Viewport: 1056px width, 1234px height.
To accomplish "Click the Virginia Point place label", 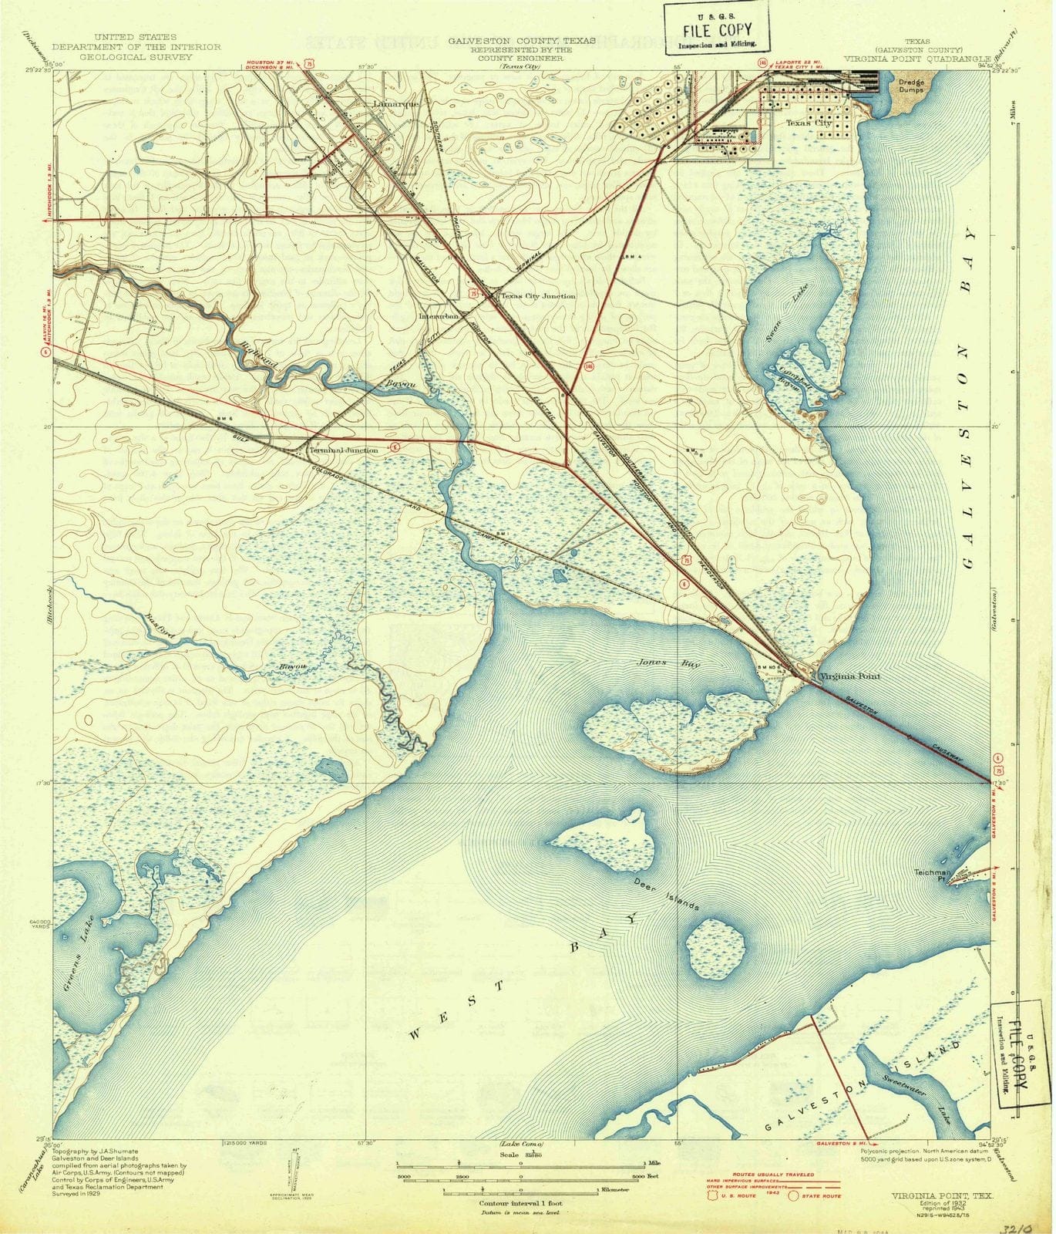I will (849, 676).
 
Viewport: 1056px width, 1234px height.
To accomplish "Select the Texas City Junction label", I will (537, 295).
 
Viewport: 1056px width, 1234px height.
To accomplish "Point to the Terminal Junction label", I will (343, 450).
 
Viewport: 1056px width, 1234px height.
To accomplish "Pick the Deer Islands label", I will (667, 892).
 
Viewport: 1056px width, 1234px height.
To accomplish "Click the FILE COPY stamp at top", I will (717, 32).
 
